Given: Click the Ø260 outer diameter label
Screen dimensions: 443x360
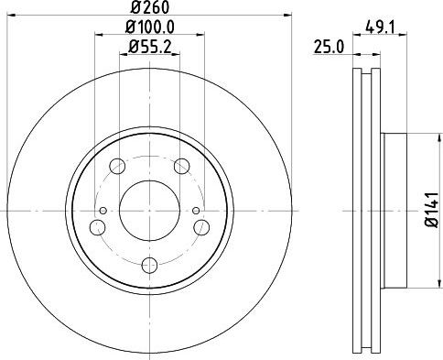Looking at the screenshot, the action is pos(150,7).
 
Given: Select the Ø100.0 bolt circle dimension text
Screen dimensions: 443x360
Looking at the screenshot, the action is pos(150,27).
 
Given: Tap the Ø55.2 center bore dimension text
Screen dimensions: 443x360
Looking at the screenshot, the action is pos(150,47).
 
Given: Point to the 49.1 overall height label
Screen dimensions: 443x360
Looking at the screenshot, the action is pos(380,28).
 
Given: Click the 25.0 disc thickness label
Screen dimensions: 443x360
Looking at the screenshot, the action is pos(330,48).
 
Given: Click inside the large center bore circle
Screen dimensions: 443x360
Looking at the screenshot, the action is pos(149,211).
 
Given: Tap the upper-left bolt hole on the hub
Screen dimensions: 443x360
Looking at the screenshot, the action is pos(117,166).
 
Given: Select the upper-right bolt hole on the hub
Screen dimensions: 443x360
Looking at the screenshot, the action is pos(182,166).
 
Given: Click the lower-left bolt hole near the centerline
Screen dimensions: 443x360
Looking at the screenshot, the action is pos(98,227).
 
